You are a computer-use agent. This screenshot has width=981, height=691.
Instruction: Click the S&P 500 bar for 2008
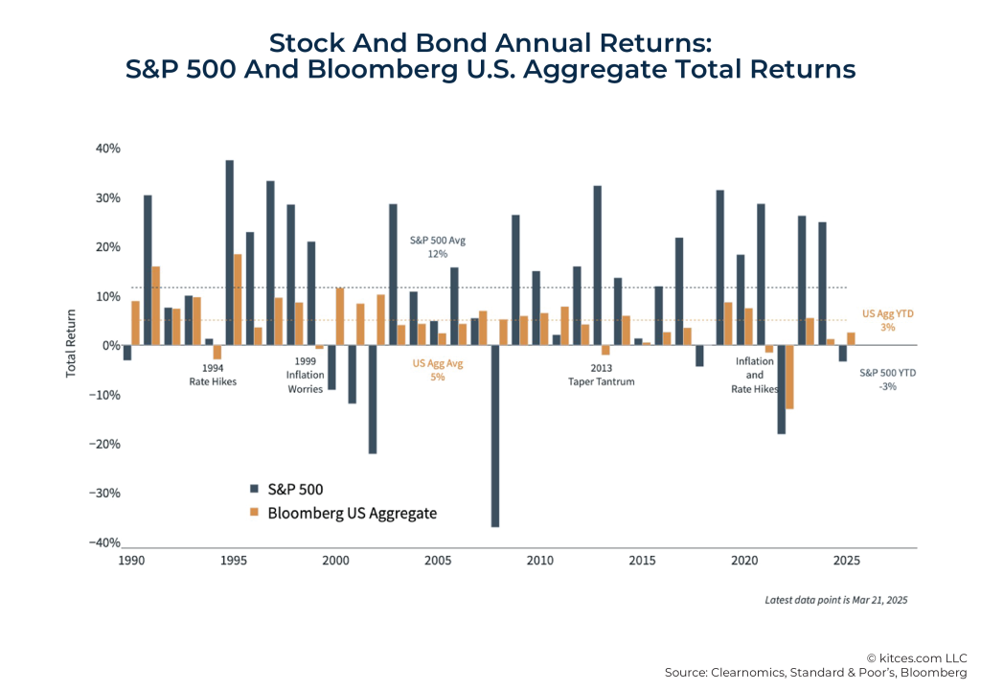pos(496,436)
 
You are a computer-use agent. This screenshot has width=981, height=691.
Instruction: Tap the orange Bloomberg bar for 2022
pos(790,377)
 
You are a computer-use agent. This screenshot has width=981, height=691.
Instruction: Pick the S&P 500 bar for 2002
pos(373,399)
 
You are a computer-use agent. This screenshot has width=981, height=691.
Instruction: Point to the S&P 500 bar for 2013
pos(598,265)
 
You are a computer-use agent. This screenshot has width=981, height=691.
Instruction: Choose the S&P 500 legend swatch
pos(254,489)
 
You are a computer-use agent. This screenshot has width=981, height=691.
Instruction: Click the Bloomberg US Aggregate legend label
pos(352,513)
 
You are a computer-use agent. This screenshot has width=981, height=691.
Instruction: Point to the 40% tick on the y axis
pos(107,149)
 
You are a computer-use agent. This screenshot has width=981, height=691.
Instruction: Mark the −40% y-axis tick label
pos(105,542)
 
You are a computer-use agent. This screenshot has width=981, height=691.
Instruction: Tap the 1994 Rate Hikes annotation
pos(212,374)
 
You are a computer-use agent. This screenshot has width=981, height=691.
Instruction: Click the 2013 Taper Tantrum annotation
pos(601,374)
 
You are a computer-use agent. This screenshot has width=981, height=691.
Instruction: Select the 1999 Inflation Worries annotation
pos(306,375)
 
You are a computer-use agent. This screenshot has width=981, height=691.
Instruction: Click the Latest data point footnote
pos(835,600)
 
